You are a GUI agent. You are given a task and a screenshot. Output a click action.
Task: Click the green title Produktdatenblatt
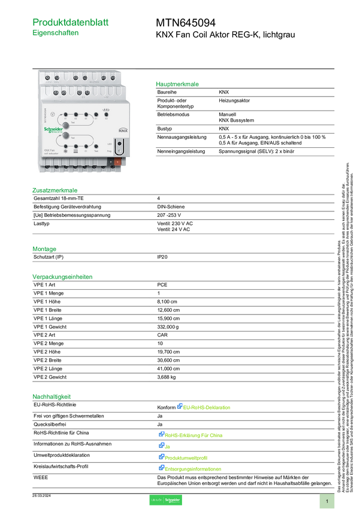(71, 22)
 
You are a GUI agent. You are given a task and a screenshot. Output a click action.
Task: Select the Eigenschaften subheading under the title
(56, 34)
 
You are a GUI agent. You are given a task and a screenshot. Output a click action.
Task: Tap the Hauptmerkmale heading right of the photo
(177, 84)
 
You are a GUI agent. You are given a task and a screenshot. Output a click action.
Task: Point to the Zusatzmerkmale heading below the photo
(55, 190)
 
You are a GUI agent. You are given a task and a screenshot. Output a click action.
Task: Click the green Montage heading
(44, 248)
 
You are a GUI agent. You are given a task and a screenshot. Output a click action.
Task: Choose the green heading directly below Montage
(62, 277)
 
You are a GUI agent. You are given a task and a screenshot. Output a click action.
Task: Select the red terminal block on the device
(118, 162)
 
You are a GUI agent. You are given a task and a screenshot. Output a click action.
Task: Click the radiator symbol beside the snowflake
(76, 152)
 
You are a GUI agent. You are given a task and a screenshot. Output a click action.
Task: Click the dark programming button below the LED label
(119, 144)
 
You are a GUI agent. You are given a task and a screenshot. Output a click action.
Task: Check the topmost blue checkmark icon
(179, 406)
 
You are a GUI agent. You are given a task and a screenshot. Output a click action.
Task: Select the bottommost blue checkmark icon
(161, 467)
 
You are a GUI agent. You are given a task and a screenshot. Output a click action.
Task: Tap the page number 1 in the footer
(327, 501)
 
